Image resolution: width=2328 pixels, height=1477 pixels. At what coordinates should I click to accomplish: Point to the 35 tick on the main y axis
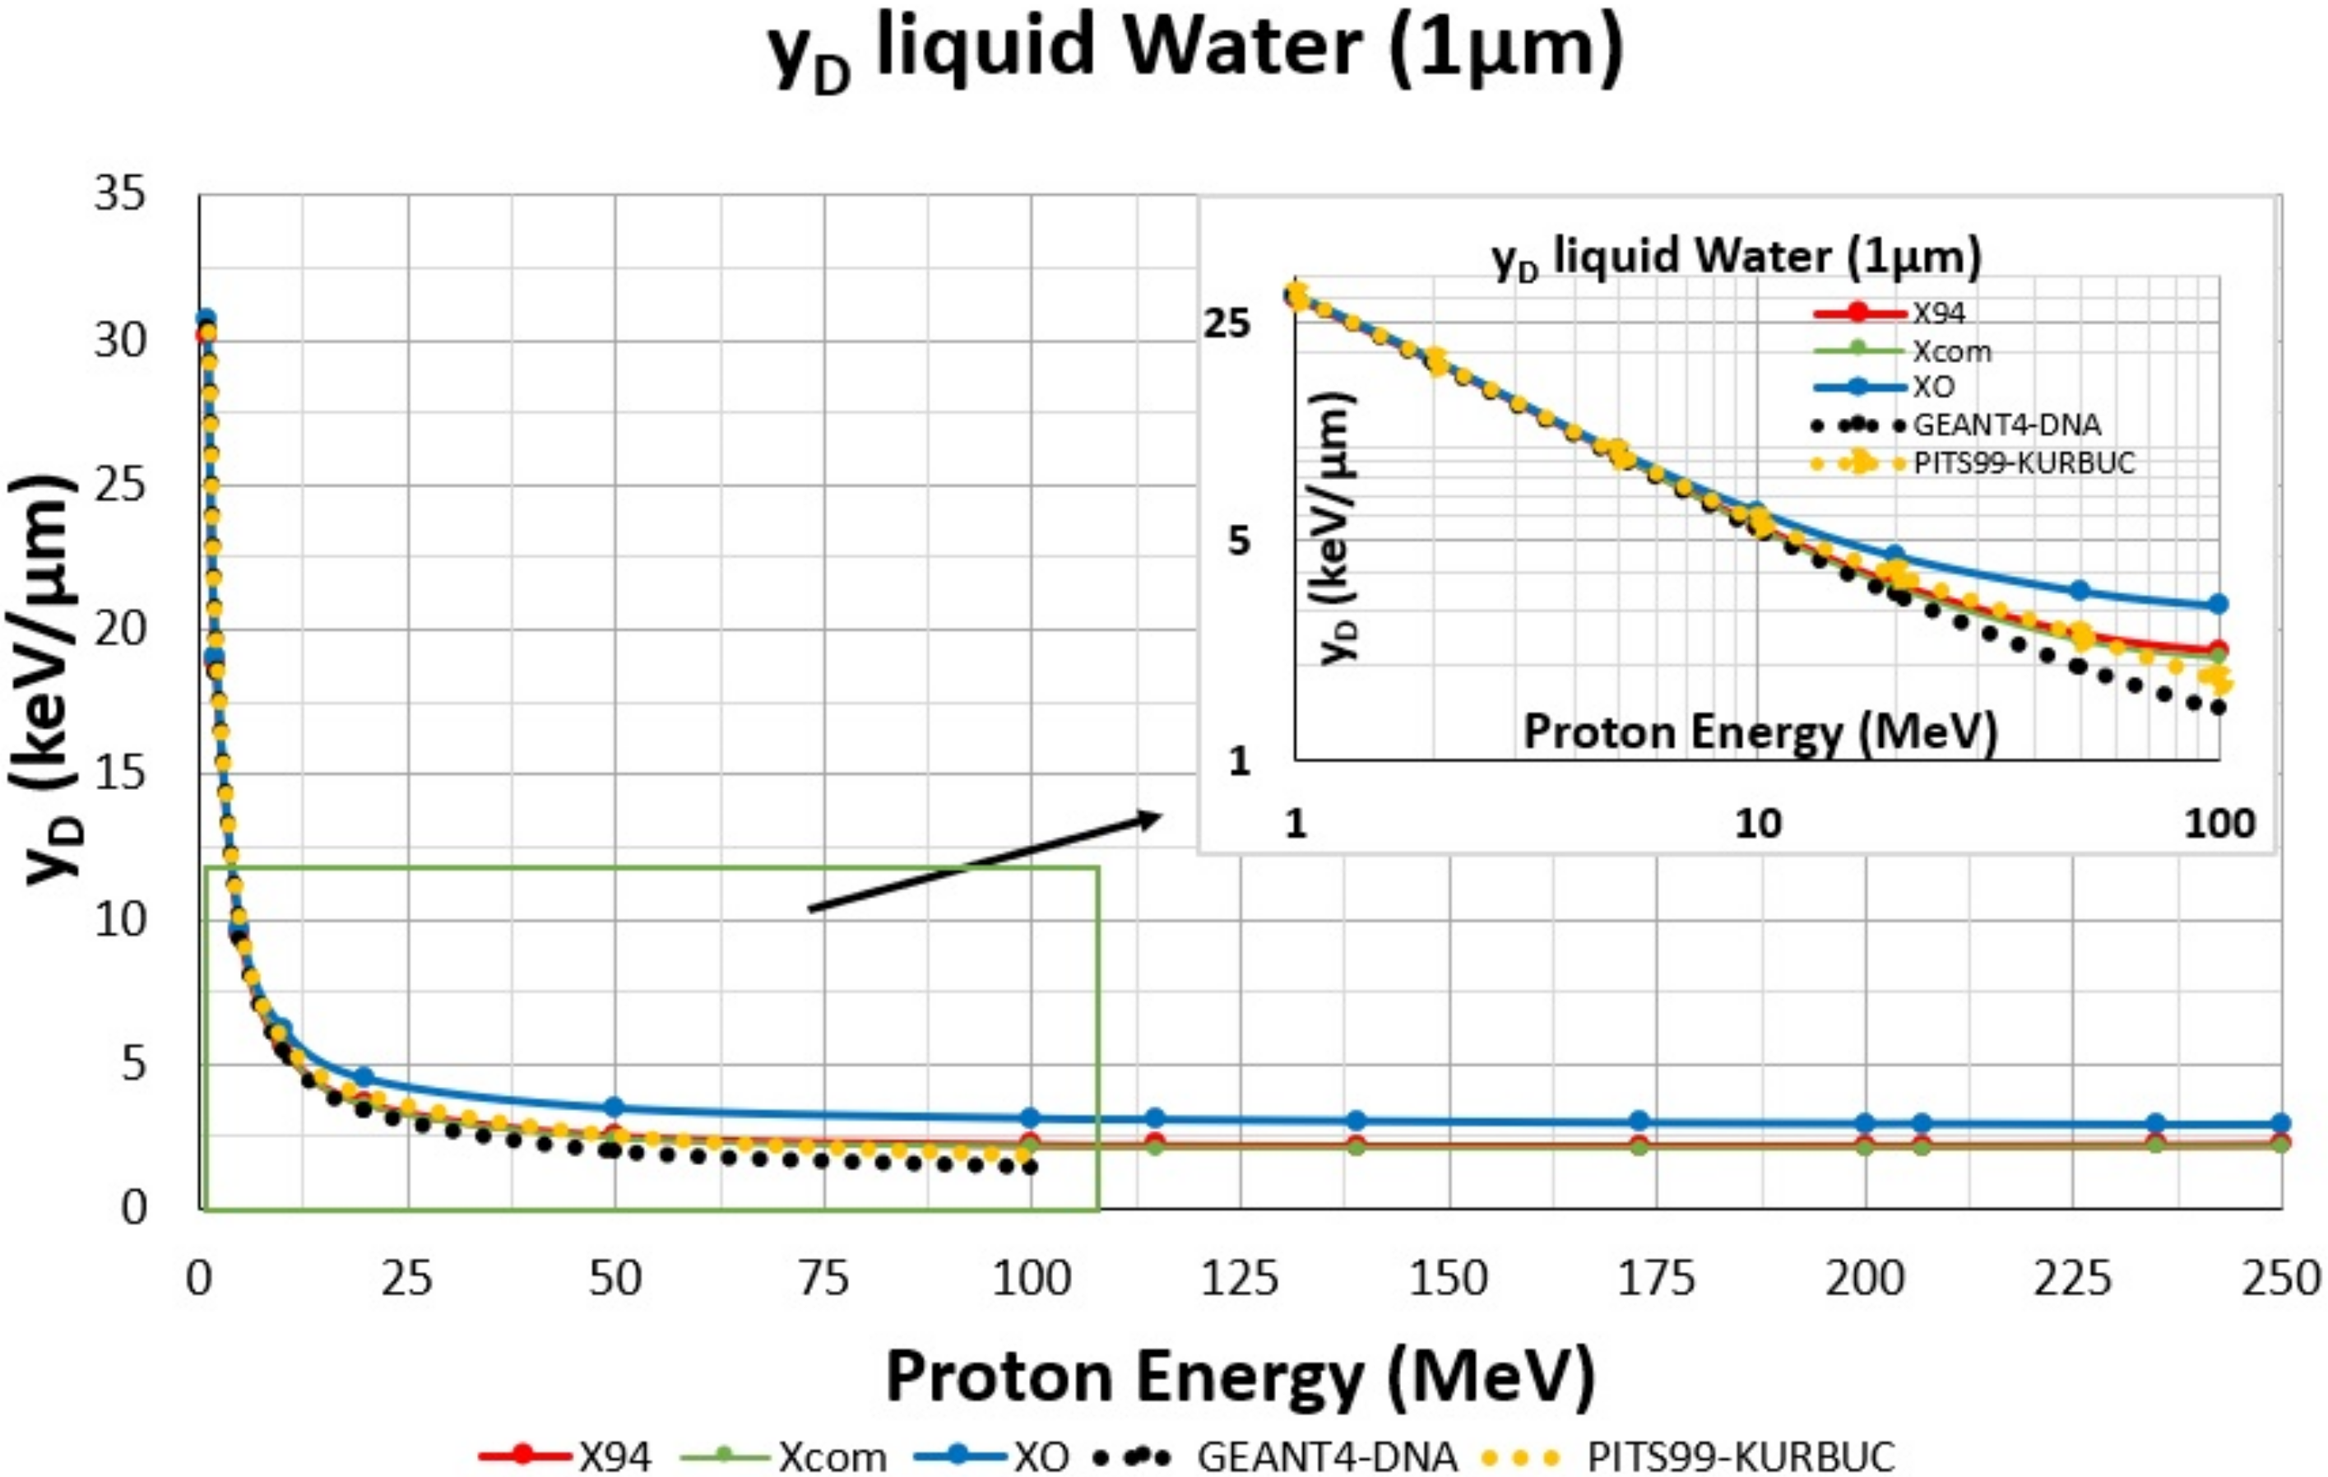tap(120, 194)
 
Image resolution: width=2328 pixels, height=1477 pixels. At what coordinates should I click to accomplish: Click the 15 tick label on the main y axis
tap(120, 773)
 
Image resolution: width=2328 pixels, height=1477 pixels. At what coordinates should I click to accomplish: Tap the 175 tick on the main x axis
tap(1657, 1279)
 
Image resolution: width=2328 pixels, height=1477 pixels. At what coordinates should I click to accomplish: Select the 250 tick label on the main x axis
tap(2282, 1279)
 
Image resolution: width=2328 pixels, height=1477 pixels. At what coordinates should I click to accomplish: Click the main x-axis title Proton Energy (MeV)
tap(1241, 1376)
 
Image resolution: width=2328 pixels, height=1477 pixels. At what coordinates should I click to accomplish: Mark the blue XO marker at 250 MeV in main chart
tap(2280, 1123)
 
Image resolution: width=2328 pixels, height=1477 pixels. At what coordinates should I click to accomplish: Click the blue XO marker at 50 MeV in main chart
tap(614, 1107)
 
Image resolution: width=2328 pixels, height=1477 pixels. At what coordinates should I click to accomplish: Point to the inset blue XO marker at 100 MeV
tap(2219, 604)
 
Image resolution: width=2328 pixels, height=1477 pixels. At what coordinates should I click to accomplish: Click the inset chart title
tap(1737, 258)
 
